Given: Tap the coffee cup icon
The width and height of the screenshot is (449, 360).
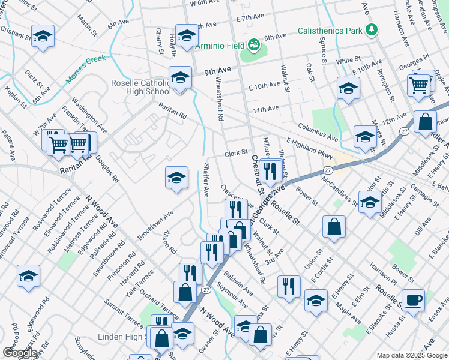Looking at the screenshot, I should point(412,299).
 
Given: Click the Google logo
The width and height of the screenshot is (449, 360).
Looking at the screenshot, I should point(19,353).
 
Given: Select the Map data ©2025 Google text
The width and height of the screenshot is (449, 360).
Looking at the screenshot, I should point(411,355).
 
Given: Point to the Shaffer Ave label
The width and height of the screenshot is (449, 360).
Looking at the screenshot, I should point(206,180).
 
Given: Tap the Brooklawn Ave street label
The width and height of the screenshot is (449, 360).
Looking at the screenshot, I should point(155,222).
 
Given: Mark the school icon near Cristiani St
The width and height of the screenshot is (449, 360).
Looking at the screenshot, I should point(42,36).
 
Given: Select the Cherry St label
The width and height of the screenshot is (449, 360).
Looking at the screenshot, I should point(160,41).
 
